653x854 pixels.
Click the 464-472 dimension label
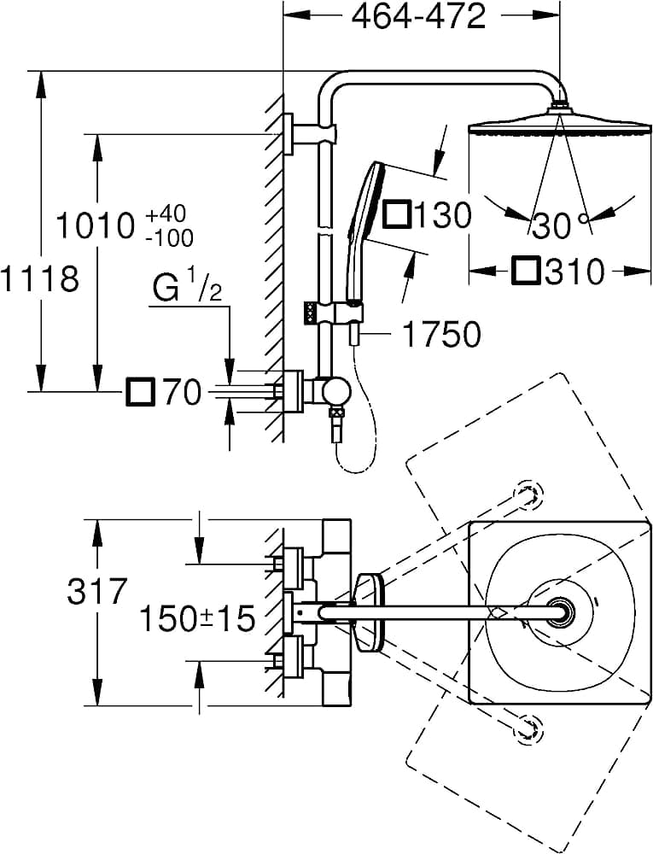click(x=420, y=16)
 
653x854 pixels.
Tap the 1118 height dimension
click(x=39, y=278)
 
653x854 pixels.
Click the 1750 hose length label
click(x=440, y=335)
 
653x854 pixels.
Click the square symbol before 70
click(x=139, y=393)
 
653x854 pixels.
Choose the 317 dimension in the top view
click(x=97, y=591)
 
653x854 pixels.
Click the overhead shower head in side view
click(x=559, y=125)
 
